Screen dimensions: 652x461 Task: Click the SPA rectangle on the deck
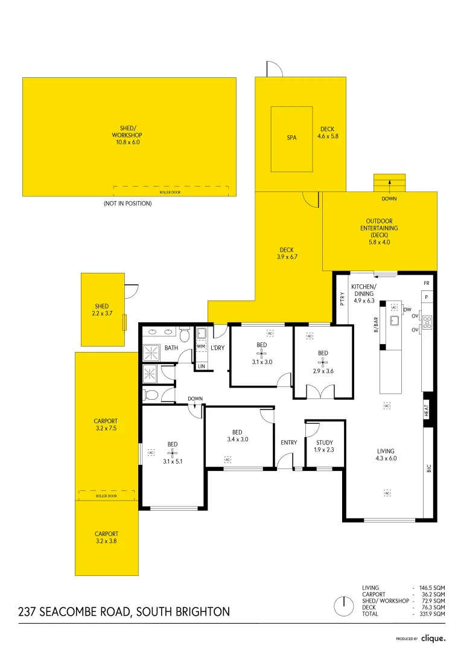(291, 138)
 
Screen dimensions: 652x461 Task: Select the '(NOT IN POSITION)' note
(127, 203)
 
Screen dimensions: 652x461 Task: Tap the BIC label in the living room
(428, 467)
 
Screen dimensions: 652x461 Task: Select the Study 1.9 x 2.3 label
(324, 446)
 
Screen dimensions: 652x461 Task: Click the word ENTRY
(288, 443)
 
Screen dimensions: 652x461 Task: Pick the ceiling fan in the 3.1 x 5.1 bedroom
(173, 452)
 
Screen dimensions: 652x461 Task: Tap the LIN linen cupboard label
(201, 366)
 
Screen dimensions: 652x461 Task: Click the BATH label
(171, 348)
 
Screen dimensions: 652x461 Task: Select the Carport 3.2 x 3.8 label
(106, 537)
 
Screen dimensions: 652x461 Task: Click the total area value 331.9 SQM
(432, 614)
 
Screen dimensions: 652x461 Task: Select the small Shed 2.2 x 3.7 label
(101, 310)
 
